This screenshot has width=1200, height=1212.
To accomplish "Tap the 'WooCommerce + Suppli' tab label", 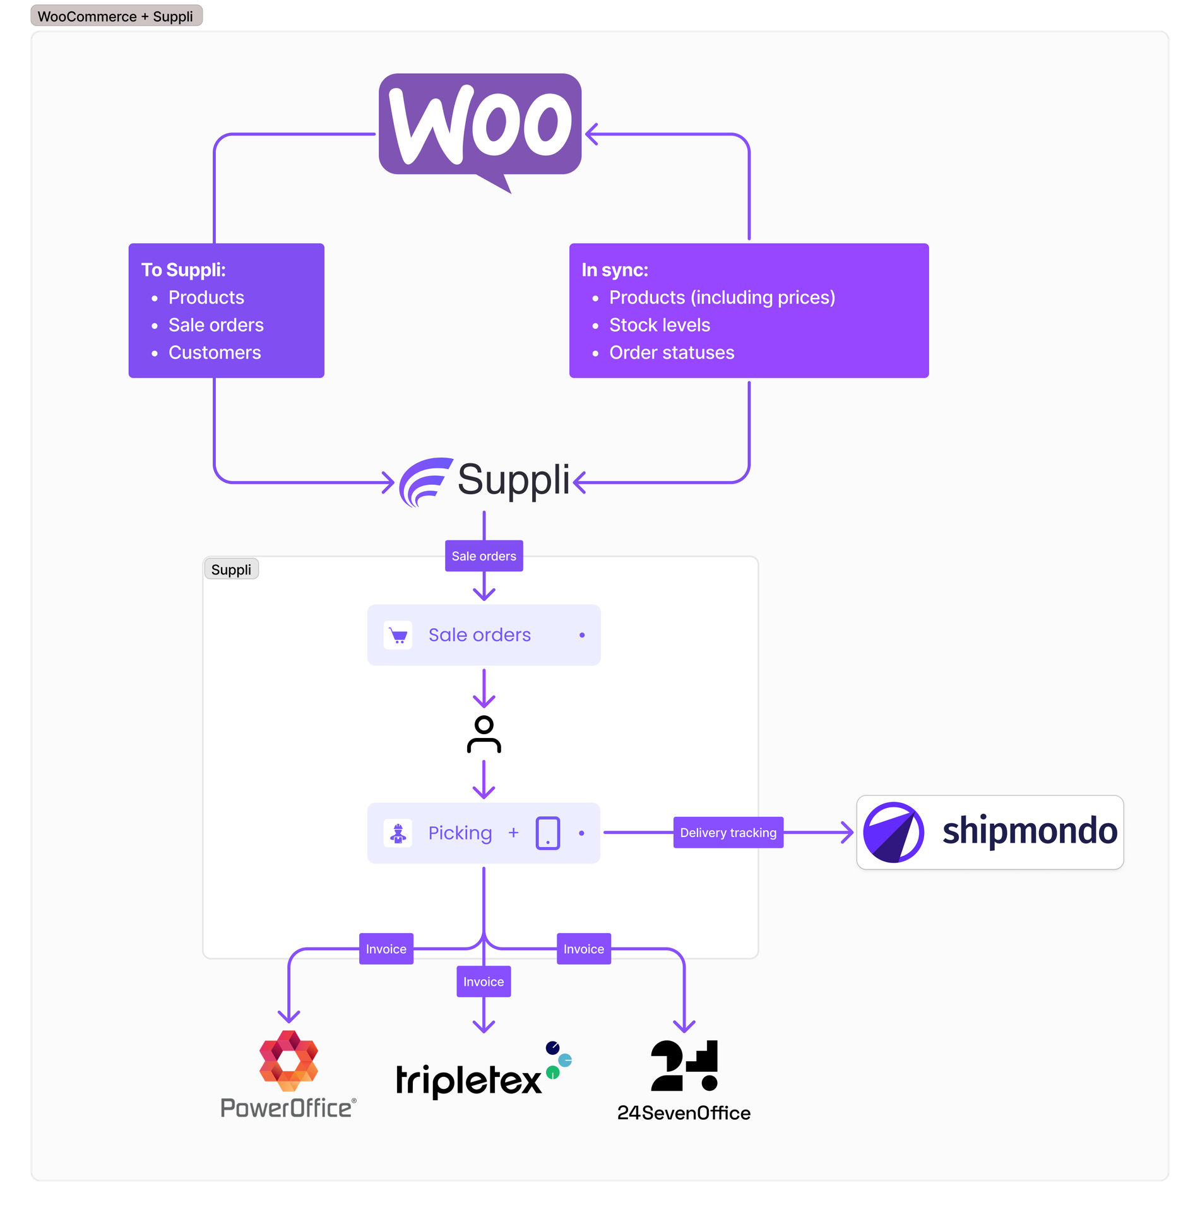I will (116, 16).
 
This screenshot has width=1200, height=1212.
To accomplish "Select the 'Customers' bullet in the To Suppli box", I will (214, 352).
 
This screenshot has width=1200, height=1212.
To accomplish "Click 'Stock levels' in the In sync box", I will (659, 325).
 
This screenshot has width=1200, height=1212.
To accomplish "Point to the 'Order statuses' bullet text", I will (671, 352).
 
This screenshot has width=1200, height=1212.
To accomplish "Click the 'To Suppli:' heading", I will (183, 270).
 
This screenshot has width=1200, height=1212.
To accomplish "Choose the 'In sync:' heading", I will (614, 270).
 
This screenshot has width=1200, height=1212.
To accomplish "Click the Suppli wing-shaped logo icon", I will (425, 482).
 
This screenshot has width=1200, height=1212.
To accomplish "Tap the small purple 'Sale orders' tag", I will (484, 556).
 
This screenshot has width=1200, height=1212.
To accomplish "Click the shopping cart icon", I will (398, 635).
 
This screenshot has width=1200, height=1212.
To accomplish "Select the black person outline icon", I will (484, 734).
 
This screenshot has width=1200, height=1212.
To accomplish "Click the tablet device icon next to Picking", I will (547, 833).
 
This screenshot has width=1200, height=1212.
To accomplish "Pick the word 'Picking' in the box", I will (460, 833).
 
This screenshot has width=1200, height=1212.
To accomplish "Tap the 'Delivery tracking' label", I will (728, 833).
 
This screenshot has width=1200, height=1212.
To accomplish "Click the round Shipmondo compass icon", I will (893, 833).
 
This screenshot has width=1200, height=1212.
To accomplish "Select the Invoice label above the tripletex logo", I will (484, 982).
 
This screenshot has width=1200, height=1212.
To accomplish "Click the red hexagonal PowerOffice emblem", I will (288, 1060).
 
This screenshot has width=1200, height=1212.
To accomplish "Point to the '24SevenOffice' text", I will (684, 1113).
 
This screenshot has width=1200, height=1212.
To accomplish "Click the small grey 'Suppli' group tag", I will (231, 569).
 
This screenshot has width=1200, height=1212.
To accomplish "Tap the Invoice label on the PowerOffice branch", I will (386, 949).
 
